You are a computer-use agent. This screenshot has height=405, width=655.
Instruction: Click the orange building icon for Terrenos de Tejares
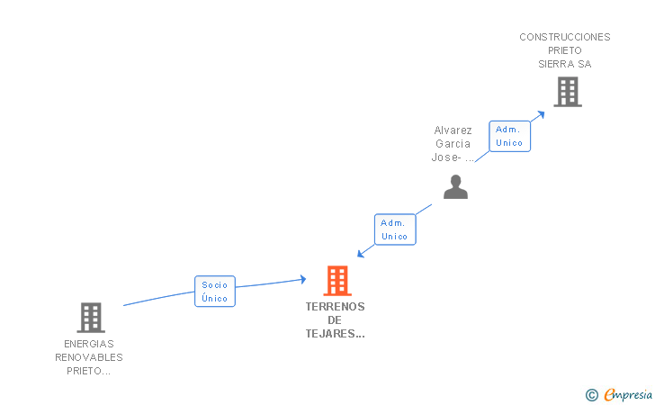point(337,281)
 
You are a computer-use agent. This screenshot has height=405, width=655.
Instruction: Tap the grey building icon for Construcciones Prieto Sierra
point(567,92)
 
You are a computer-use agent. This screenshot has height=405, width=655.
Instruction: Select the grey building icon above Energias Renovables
point(91,317)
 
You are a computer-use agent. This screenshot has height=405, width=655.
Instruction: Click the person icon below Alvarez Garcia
point(456,186)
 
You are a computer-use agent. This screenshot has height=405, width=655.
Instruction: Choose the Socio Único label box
point(215,292)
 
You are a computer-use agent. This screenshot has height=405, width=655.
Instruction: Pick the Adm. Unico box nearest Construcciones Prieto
point(509,136)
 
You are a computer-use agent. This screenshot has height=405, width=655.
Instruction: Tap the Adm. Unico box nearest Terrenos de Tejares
point(394,229)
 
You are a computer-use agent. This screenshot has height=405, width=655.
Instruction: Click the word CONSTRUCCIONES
point(565,37)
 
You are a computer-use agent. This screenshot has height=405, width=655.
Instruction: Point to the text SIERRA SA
point(565,64)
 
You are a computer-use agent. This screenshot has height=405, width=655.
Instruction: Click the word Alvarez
point(453,130)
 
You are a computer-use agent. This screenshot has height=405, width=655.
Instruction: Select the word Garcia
point(453,143)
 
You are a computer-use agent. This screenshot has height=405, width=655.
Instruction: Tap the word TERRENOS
point(336,306)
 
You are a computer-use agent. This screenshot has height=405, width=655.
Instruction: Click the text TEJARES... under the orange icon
point(336,334)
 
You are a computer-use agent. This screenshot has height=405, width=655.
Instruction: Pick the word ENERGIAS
point(89,344)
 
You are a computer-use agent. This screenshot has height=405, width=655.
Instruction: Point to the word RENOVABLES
point(89,357)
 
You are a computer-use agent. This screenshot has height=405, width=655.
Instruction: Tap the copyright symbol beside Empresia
point(592,394)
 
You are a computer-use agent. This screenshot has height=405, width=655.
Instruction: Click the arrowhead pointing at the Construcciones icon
point(541,113)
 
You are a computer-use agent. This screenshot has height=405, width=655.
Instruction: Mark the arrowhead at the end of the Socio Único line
point(302,280)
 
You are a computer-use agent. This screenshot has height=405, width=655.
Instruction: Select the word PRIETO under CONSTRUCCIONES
point(565,50)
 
